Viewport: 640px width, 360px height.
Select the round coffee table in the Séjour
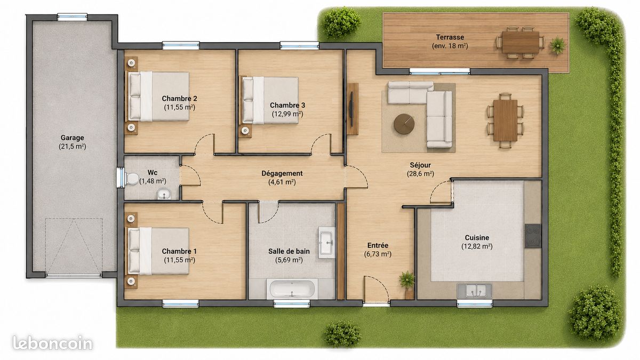click(x=404, y=124)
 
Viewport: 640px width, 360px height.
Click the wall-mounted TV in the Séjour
click(x=351, y=109)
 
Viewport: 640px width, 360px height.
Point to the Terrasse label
click(x=450, y=37)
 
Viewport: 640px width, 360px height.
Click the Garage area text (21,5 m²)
click(x=73, y=147)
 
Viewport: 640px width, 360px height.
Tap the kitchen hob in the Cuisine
click(x=533, y=236)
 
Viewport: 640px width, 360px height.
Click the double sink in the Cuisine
click(x=475, y=291)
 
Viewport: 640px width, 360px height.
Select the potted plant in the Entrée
click(x=407, y=283)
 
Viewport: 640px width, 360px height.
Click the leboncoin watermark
click(x=53, y=343)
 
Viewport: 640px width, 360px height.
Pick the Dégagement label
click(x=282, y=173)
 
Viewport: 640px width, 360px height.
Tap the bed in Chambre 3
click(x=270, y=101)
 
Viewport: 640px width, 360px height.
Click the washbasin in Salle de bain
click(x=327, y=243)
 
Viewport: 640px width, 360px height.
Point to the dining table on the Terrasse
click(x=521, y=42)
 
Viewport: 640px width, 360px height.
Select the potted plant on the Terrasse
click(x=558, y=45)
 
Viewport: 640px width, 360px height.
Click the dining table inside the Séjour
click(x=505, y=121)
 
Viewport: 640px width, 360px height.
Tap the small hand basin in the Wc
click(x=164, y=195)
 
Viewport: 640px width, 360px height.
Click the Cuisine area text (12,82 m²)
click(x=477, y=246)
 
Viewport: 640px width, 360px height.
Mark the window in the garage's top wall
click(x=73, y=17)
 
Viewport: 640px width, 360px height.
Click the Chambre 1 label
click(x=179, y=251)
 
